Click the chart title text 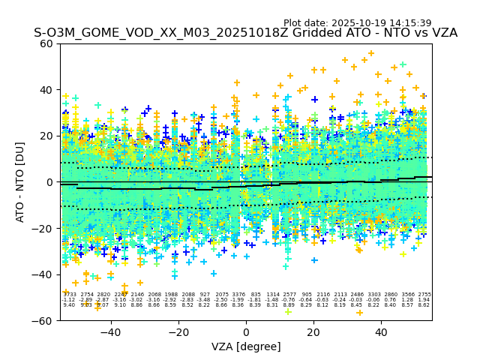pos(245,33)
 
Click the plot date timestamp pos(357,23)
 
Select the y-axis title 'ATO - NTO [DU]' pos(21,181)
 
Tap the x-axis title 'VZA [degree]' pos(246,346)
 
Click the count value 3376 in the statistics pos(238,295)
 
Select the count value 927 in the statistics pos(205,295)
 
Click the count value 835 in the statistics pos(256,295)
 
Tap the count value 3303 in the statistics pos(373,295)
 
